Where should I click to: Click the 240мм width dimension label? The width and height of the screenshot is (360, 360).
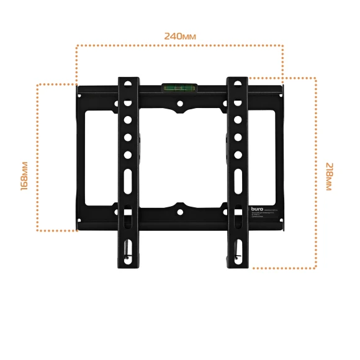180,36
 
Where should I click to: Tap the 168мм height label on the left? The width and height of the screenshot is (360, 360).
24,176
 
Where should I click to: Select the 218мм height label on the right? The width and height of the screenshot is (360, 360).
328,176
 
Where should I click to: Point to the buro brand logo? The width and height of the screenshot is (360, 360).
257,211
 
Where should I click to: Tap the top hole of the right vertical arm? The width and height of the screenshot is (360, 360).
236,82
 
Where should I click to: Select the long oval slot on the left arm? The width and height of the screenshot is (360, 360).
127,182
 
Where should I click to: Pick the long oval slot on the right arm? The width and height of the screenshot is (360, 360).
237,182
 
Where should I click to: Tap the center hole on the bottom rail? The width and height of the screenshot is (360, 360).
180,210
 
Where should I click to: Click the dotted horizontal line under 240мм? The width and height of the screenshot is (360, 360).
180,45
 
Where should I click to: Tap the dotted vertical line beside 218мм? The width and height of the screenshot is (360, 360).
316,174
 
